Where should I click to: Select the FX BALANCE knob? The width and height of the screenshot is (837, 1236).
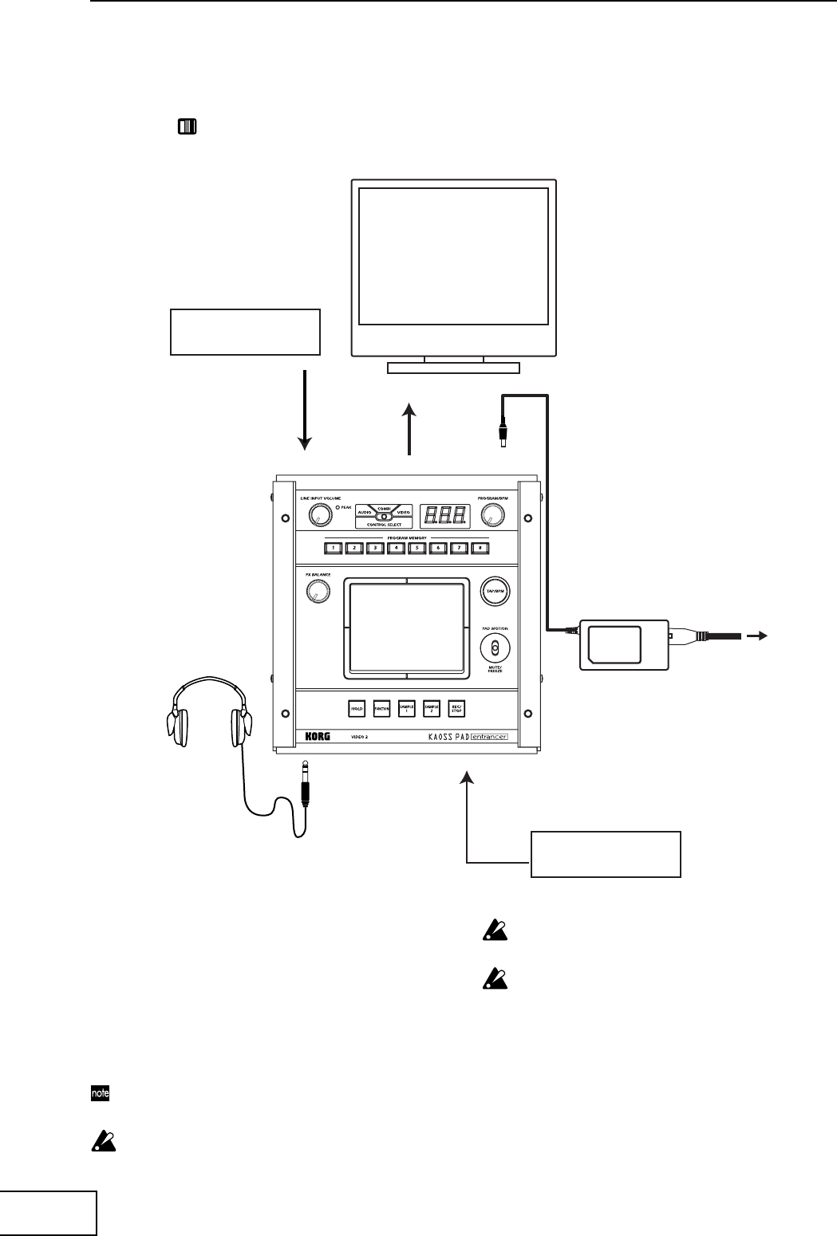(317, 591)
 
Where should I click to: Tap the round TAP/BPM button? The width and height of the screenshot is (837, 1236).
(495, 592)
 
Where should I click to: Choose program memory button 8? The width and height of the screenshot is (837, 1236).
(479, 548)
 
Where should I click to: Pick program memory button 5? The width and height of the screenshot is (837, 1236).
(416, 548)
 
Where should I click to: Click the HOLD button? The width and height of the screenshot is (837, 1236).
(357, 708)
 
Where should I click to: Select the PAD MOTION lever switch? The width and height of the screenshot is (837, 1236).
(495, 648)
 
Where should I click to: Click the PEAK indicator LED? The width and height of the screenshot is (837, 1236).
(338, 507)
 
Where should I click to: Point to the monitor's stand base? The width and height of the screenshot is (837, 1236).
(453, 368)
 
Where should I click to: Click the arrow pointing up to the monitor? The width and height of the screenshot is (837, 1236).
(409, 430)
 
